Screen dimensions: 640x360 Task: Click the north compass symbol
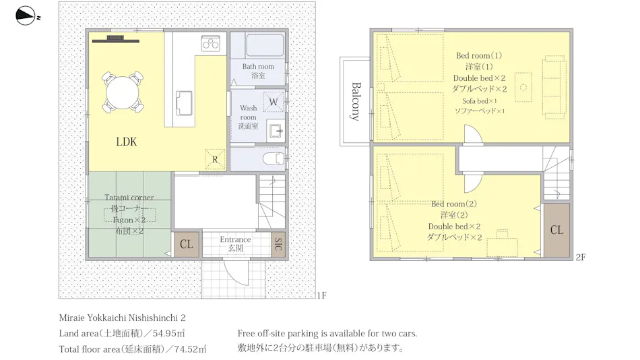26,16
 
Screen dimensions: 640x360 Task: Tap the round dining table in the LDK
123,92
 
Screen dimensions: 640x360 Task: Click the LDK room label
127,142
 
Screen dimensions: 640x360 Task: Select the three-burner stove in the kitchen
211,43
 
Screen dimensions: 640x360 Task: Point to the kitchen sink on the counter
184,103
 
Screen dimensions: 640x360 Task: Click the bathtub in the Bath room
265,45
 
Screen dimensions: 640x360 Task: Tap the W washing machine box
274,102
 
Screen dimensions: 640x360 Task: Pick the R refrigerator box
215,159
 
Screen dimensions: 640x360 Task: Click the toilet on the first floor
274,158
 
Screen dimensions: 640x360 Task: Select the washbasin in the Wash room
276,131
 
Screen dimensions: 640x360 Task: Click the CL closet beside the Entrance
187,244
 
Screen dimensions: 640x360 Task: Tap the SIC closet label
278,244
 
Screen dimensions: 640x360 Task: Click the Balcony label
356,101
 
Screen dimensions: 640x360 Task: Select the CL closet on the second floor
556,230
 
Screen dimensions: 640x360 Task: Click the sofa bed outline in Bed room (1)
554,87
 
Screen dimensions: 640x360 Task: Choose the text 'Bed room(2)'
454,204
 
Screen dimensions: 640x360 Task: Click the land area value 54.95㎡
168,333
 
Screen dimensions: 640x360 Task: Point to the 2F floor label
581,257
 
